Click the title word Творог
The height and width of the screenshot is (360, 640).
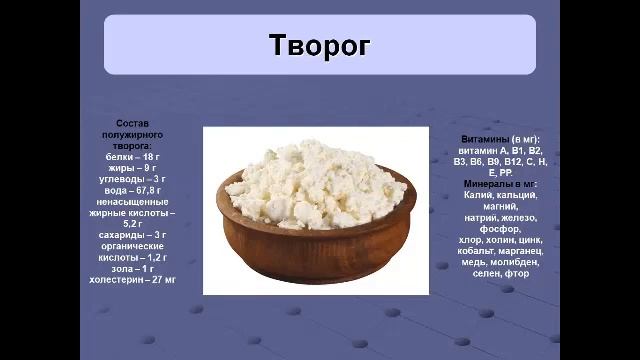pyautogui.click(x=319, y=46)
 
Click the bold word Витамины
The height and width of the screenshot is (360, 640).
pyautogui.click(x=484, y=138)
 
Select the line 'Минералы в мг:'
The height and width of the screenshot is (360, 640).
pyautogui.click(x=500, y=184)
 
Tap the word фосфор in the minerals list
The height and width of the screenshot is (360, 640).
pyautogui.click(x=500, y=229)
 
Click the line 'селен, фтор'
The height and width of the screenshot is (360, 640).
pyautogui.click(x=500, y=273)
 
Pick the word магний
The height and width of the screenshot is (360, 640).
pyautogui.click(x=500, y=206)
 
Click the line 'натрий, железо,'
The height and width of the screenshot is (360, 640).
pyautogui.click(x=500, y=217)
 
